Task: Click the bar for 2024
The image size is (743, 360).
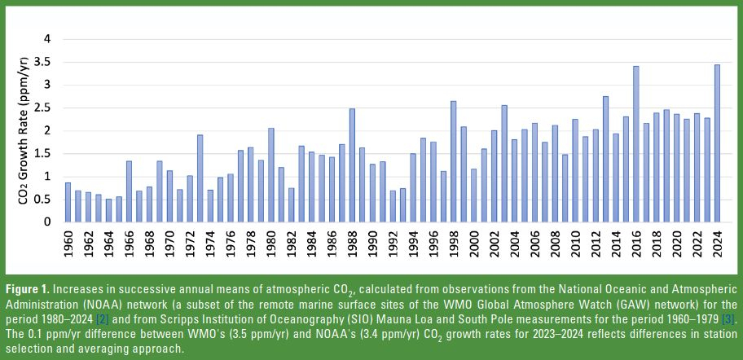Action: (x=717, y=143)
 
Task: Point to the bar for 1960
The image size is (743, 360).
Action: (x=68, y=202)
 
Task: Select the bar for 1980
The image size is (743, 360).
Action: (x=270, y=175)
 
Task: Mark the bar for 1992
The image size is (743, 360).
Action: (x=393, y=206)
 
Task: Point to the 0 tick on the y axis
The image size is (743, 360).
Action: (x=47, y=222)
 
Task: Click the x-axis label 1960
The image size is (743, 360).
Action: (x=68, y=242)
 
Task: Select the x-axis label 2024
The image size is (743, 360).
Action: (x=717, y=242)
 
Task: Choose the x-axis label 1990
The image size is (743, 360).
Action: (x=372, y=242)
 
